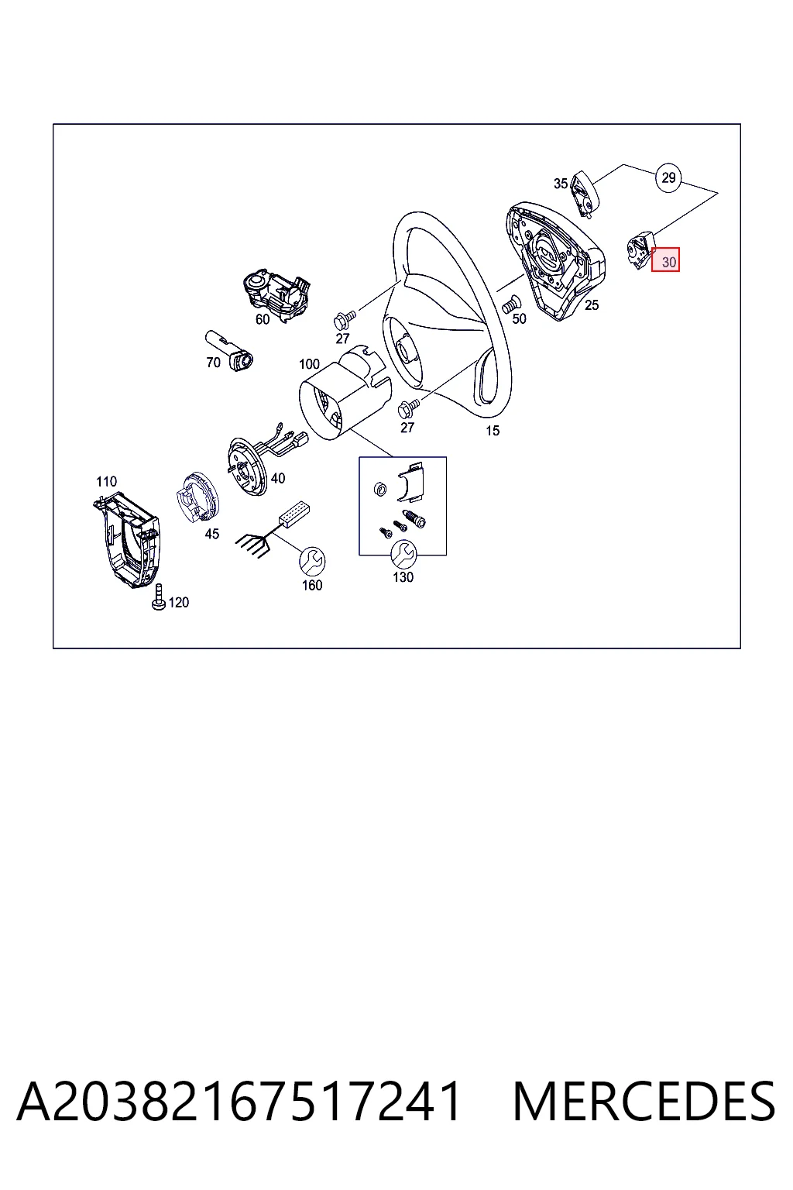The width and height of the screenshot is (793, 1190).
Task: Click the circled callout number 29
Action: coord(668,177)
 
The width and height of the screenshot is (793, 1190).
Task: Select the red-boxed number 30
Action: coord(665,260)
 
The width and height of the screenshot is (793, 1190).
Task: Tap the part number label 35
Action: coord(561,184)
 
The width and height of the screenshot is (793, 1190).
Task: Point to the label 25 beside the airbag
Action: coord(592,305)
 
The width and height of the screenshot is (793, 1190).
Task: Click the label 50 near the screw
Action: coord(519,318)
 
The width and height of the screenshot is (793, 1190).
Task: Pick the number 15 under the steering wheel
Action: coord(493,431)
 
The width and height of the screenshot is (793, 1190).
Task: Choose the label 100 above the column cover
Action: coord(309,364)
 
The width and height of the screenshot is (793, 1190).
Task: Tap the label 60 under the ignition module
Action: coord(263,319)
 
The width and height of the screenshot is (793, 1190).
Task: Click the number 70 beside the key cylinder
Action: coord(213,363)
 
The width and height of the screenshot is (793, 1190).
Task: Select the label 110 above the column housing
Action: coord(106,481)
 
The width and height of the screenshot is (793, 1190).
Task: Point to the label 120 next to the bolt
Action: coord(178,603)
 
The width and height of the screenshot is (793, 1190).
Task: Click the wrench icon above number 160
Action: coord(312,561)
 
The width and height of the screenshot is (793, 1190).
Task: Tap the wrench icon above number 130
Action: coord(403,555)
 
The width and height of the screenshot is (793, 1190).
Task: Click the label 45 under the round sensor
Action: coord(212,534)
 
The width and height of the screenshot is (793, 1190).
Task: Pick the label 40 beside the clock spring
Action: coord(278,478)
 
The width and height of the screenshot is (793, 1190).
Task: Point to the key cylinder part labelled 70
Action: coord(230,351)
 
